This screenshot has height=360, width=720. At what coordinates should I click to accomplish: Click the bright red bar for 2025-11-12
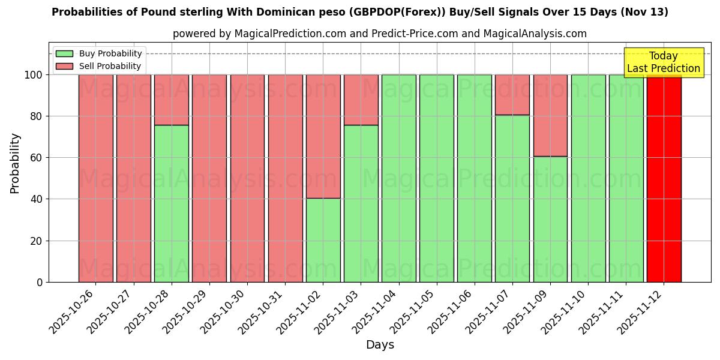coord(664,178)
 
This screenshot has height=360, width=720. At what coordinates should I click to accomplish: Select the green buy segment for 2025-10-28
coord(172,203)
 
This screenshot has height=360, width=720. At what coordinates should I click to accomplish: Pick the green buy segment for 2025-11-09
coord(550,219)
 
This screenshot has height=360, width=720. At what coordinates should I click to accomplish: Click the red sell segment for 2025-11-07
coord(512,95)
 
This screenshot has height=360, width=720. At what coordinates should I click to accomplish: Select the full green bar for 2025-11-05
coord(437,178)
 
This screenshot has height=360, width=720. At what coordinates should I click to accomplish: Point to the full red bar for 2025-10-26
coord(96,178)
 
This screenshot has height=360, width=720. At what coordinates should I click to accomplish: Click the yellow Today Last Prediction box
coord(663,62)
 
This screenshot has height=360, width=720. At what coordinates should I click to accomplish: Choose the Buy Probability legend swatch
coord(64,54)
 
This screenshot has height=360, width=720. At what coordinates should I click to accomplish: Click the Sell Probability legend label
coord(110,66)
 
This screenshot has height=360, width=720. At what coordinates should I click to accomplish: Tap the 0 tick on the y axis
coord(40,282)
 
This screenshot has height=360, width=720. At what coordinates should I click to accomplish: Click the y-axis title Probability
coord(15,163)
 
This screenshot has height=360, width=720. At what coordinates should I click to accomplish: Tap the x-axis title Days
coord(380,345)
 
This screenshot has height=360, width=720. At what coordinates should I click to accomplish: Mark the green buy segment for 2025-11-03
coord(361,203)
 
